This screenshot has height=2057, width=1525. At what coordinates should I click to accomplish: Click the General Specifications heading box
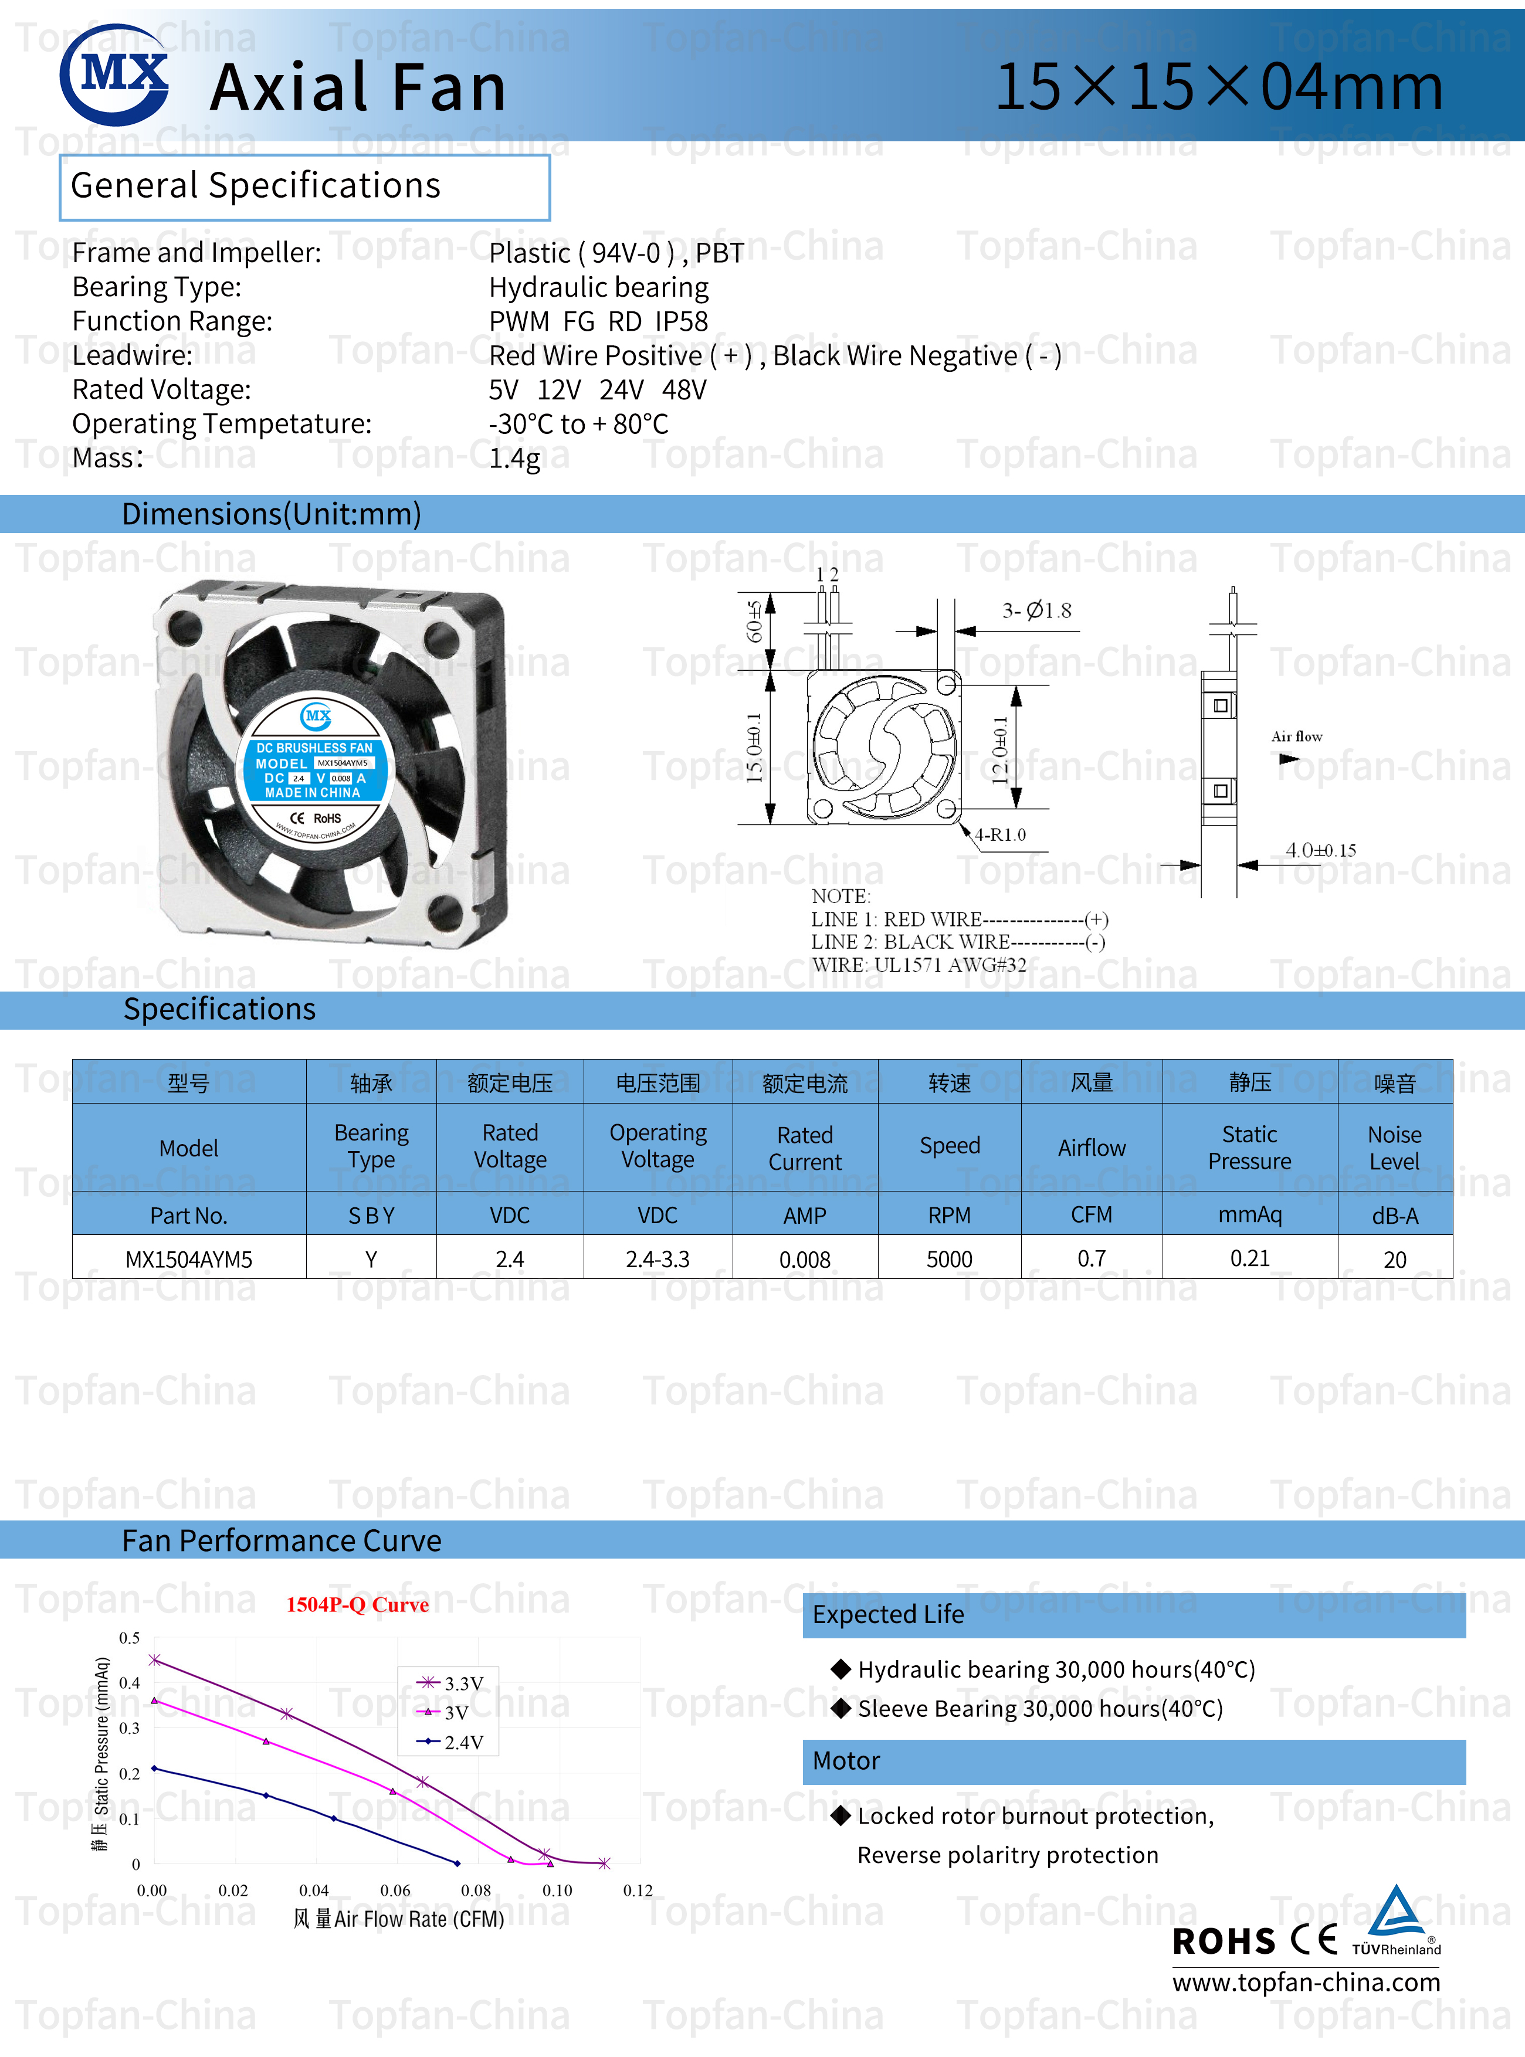click(x=304, y=186)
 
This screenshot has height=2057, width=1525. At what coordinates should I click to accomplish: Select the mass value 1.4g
click(x=514, y=459)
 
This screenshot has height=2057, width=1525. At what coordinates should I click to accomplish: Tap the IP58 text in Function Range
click(x=682, y=321)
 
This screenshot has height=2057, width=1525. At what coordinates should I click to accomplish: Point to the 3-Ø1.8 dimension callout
click(x=1036, y=610)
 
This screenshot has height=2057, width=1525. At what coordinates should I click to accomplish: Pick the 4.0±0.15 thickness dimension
click(x=1320, y=850)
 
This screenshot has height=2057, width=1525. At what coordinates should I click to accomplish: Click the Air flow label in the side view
click(x=1296, y=736)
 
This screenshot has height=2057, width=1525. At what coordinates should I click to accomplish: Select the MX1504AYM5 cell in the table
click(x=188, y=1260)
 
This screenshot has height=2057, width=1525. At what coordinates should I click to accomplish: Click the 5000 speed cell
click(x=949, y=1260)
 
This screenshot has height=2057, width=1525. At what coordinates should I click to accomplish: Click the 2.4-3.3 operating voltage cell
click(x=658, y=1260)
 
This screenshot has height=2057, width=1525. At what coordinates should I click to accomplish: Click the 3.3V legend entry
click(x=452, y=1683)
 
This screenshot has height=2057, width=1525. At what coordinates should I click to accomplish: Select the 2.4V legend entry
click(x=452, y=1742)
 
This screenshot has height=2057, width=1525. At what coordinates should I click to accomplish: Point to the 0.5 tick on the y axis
click(x=129, y=1638)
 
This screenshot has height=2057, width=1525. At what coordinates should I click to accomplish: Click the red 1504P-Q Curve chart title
click(x=357, y=1605)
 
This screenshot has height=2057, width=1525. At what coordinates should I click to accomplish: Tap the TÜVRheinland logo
click(x=1396, y=1922)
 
